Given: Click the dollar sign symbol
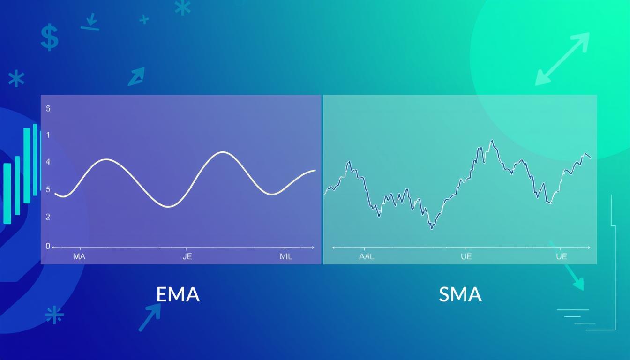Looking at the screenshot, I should click(49, 38).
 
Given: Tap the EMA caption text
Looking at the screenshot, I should click(178, 294).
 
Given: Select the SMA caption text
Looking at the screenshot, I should click(460, 294).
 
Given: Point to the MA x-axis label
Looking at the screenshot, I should click(79, 256).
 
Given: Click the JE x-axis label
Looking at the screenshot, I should click(187, 256).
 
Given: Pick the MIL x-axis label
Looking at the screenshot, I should click(285, 256).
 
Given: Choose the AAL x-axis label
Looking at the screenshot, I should click(366, 256).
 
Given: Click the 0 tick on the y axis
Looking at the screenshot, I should click(48, 246).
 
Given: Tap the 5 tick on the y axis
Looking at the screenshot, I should click(48, 190).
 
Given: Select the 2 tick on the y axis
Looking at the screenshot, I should click(48, 217).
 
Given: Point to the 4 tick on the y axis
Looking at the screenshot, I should click(48, 162).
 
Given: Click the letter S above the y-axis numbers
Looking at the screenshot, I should click(48, 108).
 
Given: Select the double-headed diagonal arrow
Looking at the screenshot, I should click(562, 59).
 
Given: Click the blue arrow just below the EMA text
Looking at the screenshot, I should click(150, 317).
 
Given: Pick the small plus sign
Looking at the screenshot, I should click(144, 19).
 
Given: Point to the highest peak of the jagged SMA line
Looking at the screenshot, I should click(492, 140).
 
